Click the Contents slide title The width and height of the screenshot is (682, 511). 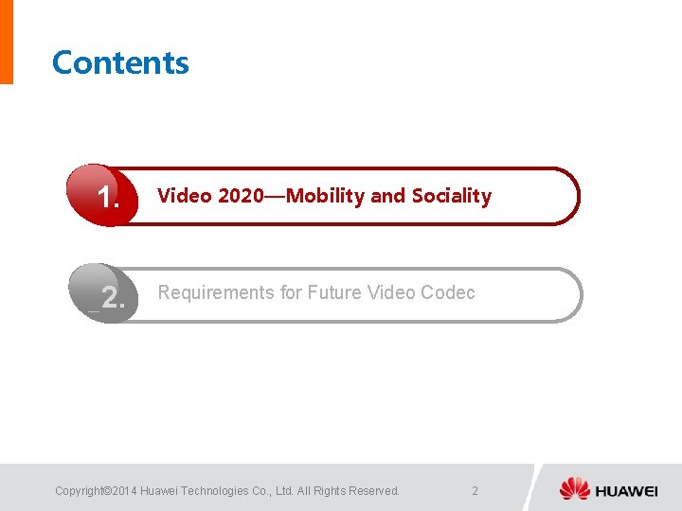click(x=120, y=62)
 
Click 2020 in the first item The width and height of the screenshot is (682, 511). click(x=241, y=196)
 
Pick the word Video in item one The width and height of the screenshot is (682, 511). click(x=184, y=196)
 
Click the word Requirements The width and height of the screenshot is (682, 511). click(x=216, y=292)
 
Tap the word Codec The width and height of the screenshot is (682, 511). click(x=447, y=292)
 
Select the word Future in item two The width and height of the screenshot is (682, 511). click(x=332, y=292)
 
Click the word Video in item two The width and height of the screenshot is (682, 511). click(x=390, y=292)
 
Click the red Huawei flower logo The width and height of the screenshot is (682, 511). click(x=574, y=489)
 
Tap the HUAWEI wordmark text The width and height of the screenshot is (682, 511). click(x=626, y=490)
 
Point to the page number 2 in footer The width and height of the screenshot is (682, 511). click(x=475, y=490)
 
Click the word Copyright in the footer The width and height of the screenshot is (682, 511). click(x=80, y=490)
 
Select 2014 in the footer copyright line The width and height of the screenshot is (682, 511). click(x=124, y=490)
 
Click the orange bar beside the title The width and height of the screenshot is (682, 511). click(x=6, y=42)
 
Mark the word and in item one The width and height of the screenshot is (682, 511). click(x=386, y=196)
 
